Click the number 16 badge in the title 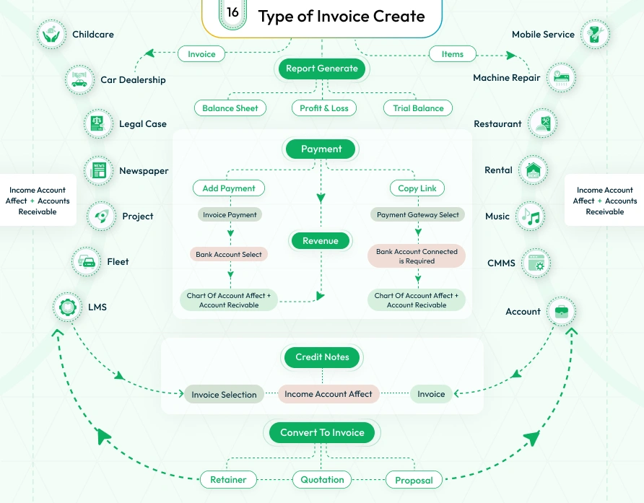pos(232,13)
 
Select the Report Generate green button pos(322,69)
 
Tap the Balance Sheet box pos(230,108)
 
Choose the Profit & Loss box pos(324,108)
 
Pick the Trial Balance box pos(418,108)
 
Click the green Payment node pos(321,149)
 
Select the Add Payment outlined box pos(229,188)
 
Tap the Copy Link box pos(417,188)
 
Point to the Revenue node pos(321,241)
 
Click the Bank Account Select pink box pos(230,255)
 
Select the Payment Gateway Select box pos(418,214)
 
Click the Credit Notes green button pos(322,357)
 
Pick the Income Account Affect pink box pos(328,394)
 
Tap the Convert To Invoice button pos(322,433)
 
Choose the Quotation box pos(322,479)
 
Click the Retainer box pos(228,479)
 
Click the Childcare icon pos(51,34)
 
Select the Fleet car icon pos(87,261)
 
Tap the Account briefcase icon pos(561,311)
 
